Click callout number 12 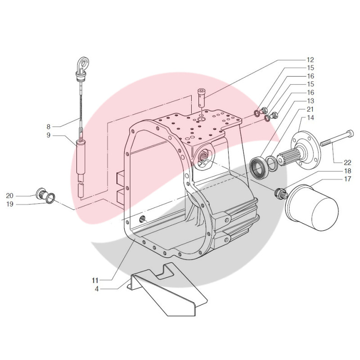[x=310, y=60]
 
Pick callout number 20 [x=10, y=195]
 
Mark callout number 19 [x=10, y=203]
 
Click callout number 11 [x=96, y=280]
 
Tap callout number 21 [x=310, y=109]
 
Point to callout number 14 [x=310, y=118]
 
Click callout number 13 [x=310, y=101]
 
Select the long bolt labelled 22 [x=335, y=138]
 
